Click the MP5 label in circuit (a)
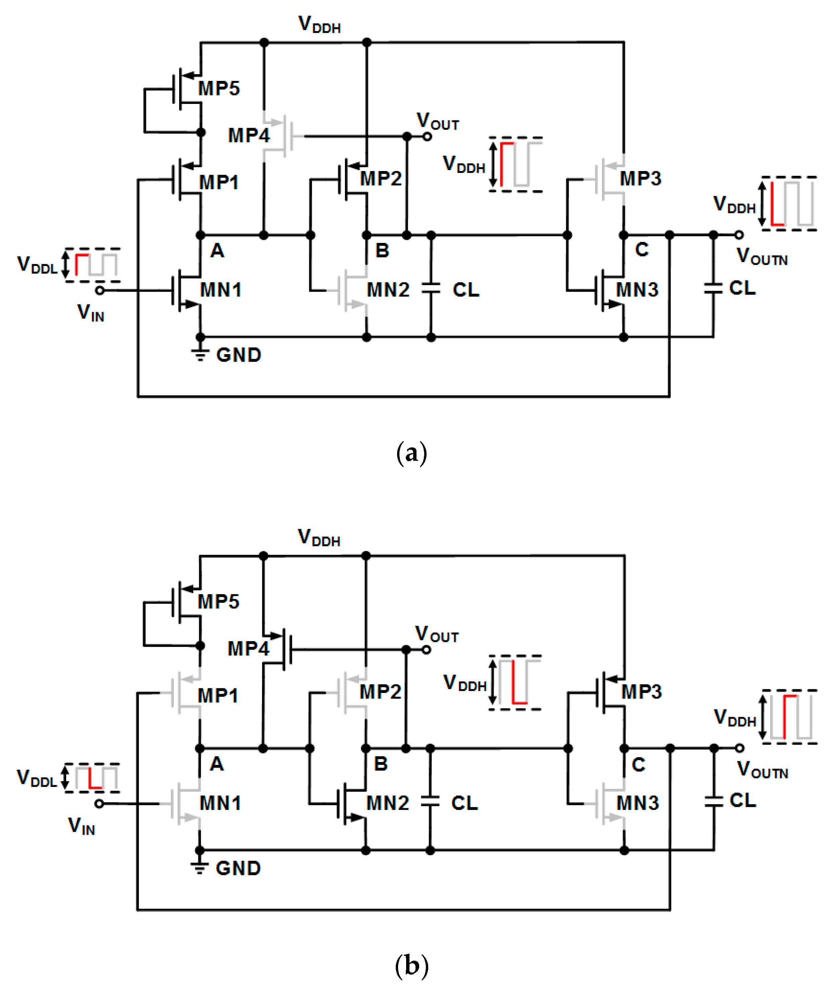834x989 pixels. (x=219, y=88)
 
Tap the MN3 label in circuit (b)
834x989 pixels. (x=637, y=803)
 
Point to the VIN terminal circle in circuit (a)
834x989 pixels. (x=100, y=290)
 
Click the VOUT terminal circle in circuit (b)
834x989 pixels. (x=426, y=650)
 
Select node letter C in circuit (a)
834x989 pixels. (x=641, y=250)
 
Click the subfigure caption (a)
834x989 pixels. (x=411, y=453)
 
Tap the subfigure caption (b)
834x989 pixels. (x=411, y=965)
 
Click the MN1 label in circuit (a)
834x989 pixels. (x=220, y=290)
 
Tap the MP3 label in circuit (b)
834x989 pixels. (x=641, y=692)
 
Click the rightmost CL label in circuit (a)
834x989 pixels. (x=742, y=288)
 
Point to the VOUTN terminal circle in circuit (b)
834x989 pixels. (x=739, y=748)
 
